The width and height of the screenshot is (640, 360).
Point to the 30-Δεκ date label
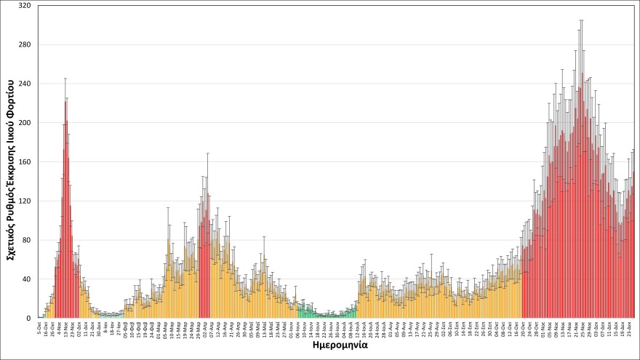click(100, 329)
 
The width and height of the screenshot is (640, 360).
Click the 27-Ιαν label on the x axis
click(119, 329)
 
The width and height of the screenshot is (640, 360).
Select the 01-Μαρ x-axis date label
click(159, 329)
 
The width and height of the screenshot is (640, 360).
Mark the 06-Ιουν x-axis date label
click(298, 329)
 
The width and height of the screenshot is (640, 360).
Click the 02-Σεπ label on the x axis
click(444, 329)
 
